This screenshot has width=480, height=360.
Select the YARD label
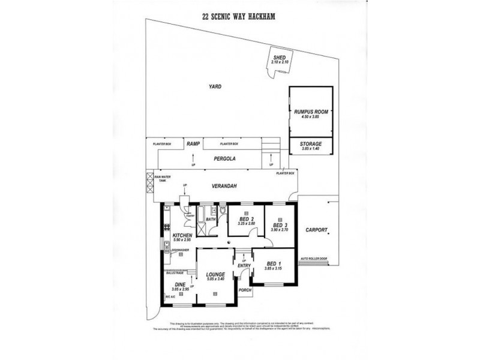click(215, 87)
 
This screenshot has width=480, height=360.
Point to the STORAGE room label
click(311, 144)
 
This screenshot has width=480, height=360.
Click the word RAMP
click(193, 144)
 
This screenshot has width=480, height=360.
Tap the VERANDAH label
click(226, 187)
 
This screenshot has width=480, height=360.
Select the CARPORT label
click(316, 230)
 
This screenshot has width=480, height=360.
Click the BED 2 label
click(247, 220)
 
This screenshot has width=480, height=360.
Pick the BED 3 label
click(280, 226)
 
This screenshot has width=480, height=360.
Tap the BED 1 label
click(272, 264)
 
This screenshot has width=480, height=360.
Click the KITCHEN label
click(182, 236)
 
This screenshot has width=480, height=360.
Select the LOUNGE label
click(215, 275)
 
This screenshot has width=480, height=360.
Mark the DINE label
click(180, 285)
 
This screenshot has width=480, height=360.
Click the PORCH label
click(245, 290)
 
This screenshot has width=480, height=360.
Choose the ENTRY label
click(244, 266)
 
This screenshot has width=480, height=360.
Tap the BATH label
click(210, 220)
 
